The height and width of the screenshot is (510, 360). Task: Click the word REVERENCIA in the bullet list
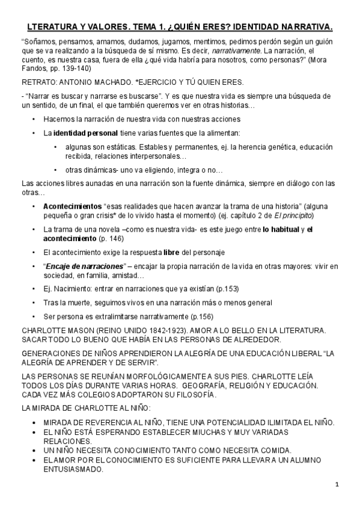pyautogui.click(x=100, y=422)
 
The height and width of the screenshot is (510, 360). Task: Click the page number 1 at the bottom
pyautogui.click(x=337, y=485)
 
